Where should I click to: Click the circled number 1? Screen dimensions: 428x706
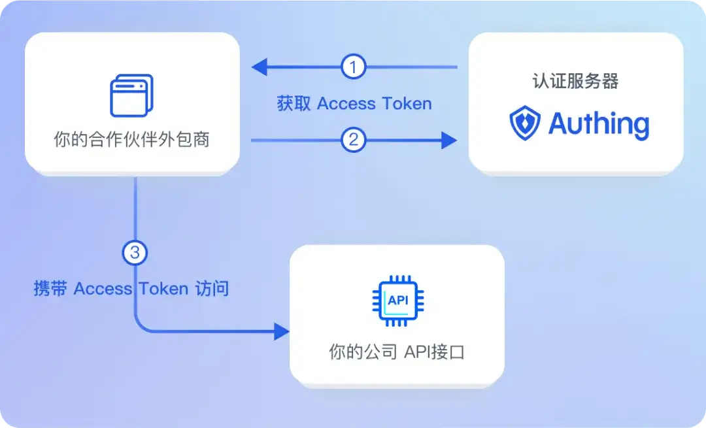pyautogui.click(x=354, y=67)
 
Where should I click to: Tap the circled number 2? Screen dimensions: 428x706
pyautogui.click(x=354, y=140)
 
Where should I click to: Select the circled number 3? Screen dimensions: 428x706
pyautogui.click(x=135, y=253)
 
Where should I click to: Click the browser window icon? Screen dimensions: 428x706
pyautogui.click(x=131, y=95)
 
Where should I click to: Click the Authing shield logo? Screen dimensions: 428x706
pyautogui.click(x=525, y=123)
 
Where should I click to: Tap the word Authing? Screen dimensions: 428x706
pyautogui.click(x=599, y=123)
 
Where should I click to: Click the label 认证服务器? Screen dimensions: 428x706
pyautogui.click(x=575, y=82)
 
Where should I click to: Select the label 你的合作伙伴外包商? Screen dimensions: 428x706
pyautogui.click(x=131, y=140)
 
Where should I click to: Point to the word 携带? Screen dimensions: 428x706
pyautogui.click(x=50, y=289)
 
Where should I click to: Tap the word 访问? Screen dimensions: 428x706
pyautogui.click(x=212, y=289)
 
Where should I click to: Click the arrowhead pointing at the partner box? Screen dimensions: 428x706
pyautogui.click(x=259, y=67)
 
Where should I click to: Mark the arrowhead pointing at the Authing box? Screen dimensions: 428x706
pyautogui.click(x=449, y=140)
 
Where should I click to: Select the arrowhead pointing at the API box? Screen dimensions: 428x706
pyautogui.click(x=282, y=331)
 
